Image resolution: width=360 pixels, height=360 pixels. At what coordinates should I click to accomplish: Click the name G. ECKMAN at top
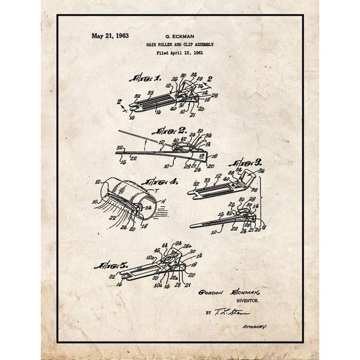pos(179,35)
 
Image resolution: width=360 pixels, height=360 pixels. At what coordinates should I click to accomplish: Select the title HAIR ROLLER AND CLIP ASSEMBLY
pos(179,44)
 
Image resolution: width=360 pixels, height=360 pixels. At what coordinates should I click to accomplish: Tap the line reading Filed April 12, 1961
pos(179,53)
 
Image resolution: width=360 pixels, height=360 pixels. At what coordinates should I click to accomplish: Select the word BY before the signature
pos(208,313)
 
